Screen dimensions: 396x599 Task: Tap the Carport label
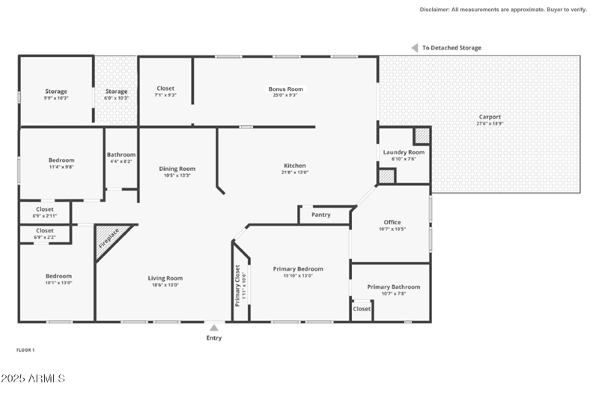tap(490, 117)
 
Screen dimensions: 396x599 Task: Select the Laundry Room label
tap(404, 152)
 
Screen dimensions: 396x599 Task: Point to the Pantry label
tap(321, 215)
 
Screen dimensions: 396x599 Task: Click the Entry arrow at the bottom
tap(214, 328)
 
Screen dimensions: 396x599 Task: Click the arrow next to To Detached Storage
tap(413, 48)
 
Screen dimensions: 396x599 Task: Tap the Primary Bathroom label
tap(394, 286)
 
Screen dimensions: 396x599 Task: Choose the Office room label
tap(392, 222)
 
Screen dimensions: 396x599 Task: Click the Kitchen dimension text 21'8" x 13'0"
tap(295, 172)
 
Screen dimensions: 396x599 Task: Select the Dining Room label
tap(177, 169)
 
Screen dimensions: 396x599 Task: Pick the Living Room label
tap(165, 278)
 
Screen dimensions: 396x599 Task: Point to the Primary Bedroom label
tap(298, 268)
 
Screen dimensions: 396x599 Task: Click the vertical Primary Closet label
tap(237, 286)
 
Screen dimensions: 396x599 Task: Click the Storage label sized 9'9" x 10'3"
tap(56, 91)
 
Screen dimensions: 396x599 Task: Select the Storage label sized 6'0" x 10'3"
tap(116, 91)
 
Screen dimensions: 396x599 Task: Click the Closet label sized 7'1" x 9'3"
tap(165, 88)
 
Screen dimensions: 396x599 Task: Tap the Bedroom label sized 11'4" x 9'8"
tap(61, 160)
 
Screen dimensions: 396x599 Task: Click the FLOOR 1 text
tap(25, 350)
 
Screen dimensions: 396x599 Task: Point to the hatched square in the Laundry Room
tap(422, 135)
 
